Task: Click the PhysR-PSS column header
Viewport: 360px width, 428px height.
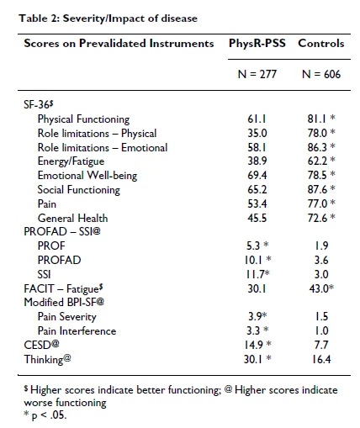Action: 257,44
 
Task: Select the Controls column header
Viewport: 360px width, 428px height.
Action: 321,44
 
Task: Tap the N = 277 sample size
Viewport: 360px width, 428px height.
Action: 257,74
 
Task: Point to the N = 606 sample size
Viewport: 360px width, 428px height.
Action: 321,74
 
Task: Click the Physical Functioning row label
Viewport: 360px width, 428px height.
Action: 83,119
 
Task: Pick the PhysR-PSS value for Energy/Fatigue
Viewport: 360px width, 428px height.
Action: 257,161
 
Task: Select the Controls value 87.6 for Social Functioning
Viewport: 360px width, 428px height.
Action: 317,189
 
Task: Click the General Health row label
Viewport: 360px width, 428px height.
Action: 72,218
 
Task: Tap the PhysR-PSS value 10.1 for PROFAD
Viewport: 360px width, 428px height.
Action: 253,260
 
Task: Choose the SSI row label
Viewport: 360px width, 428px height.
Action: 44,274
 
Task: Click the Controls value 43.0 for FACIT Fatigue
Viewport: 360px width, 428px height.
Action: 319,288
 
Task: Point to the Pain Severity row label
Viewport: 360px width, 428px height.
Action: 67,317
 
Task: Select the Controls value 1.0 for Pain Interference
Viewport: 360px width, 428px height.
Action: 321,330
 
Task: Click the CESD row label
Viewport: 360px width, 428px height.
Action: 41,345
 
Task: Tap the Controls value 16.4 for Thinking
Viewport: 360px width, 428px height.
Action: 321,359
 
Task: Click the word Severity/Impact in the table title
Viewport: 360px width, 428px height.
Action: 103,18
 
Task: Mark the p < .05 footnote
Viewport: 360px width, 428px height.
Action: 45,415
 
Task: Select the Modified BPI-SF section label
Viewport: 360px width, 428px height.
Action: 64,303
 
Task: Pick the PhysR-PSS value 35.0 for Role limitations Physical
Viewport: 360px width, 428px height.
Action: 257,133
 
